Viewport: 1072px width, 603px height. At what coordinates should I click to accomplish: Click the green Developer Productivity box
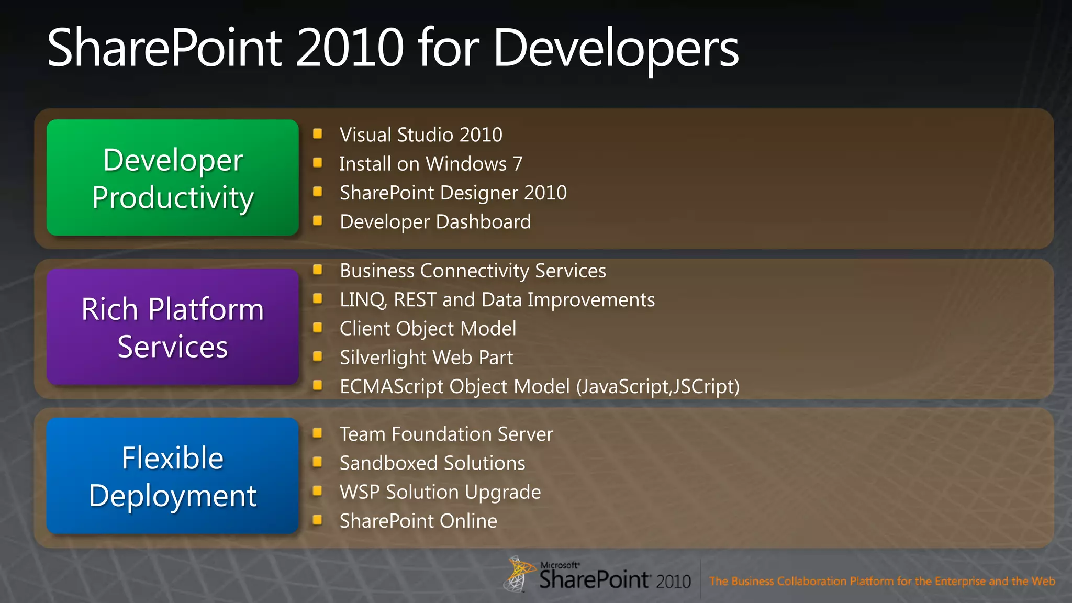click(x=172, y=177)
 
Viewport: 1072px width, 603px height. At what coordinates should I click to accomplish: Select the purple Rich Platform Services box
click(x=172, y=327)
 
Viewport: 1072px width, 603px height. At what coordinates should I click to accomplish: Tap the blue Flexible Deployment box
click(x=172, y=476)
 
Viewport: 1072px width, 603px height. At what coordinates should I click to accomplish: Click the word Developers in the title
click(x=616, y=48)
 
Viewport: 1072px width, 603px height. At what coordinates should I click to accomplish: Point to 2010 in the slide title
click(x=350, y=48)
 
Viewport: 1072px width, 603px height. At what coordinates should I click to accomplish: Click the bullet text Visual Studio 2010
click(x=421, y=135)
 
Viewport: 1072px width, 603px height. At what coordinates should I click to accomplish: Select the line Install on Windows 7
click(x=431, y=164)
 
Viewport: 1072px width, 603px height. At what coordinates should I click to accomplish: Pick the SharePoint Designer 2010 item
click(x=453, y=193)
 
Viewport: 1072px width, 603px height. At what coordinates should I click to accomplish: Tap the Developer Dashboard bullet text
click(x=435, y=222)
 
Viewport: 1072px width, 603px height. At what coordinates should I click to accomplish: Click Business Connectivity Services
click(x=473, y=271)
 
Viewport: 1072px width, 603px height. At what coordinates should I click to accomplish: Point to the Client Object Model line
click(x=428, y=329)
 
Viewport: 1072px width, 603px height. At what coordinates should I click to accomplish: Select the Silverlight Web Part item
click(x=426, y=358)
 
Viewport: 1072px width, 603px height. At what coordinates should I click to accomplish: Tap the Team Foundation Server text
click(x=446, y=434)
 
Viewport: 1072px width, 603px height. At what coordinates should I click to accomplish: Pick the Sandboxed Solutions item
click(x=432, y=463)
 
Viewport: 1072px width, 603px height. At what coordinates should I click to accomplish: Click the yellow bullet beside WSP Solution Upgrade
click(x=317, y=491)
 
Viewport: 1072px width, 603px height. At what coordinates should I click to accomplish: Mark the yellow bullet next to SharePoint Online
click(x=317, y=520)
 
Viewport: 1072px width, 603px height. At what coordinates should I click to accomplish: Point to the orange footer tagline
click(x=881, y=581)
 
